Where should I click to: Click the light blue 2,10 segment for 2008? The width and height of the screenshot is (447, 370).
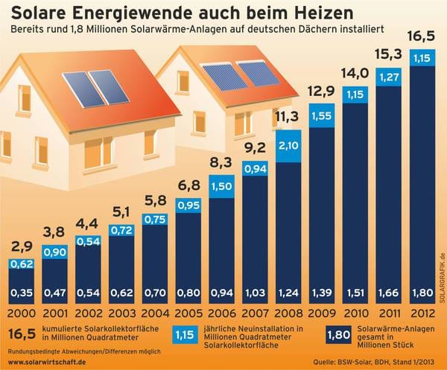coord(288,145)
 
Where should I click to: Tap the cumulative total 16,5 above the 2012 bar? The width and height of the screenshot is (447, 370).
coord(422,36)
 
